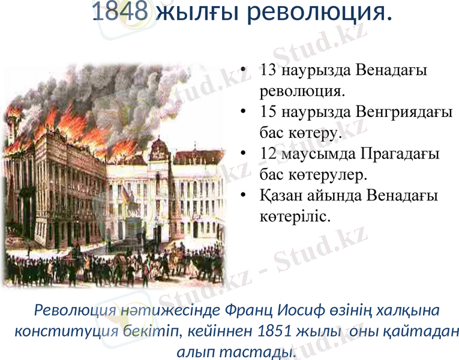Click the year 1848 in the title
[120, 12]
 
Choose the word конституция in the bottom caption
[58, 331]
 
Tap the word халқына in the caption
[408, 311]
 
